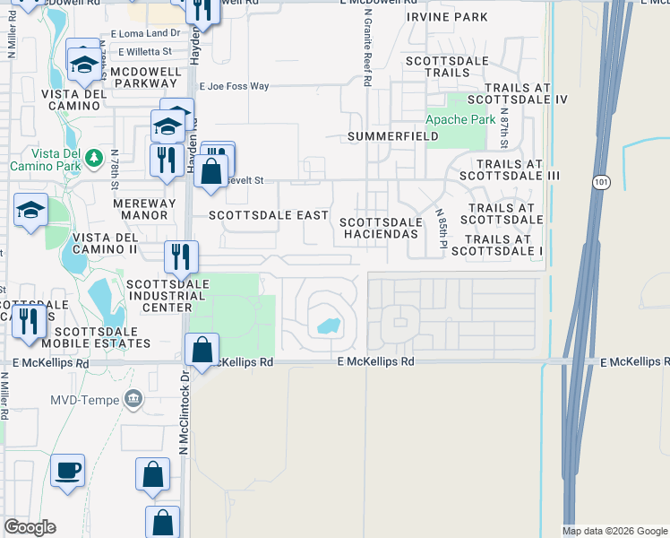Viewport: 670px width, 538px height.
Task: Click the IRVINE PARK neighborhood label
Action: pos(447,17)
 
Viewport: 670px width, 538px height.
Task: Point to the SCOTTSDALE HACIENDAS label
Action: pos(381,228)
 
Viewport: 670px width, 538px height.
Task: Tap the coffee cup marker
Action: pos(67,470)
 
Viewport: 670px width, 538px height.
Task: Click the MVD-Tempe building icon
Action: pos(133,397)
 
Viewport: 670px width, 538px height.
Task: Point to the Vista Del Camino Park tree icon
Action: pos(93,159)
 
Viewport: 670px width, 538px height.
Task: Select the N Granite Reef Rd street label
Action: pos(368,57)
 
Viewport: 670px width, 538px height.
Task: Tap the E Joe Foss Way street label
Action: pos(234,87)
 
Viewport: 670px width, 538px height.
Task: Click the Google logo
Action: pos(30,527)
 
